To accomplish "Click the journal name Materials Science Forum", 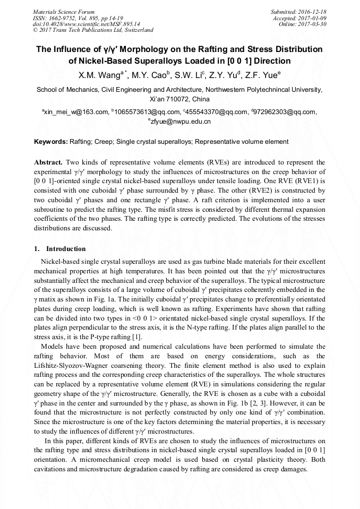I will pyautogui.click(x=64, y=11).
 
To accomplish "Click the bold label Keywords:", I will pyautogui.click(x=51, y=142).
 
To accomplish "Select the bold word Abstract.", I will pyautogui.click(x=48, y=162).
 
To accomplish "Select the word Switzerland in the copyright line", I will pyautogui.click(x=136, y=30).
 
